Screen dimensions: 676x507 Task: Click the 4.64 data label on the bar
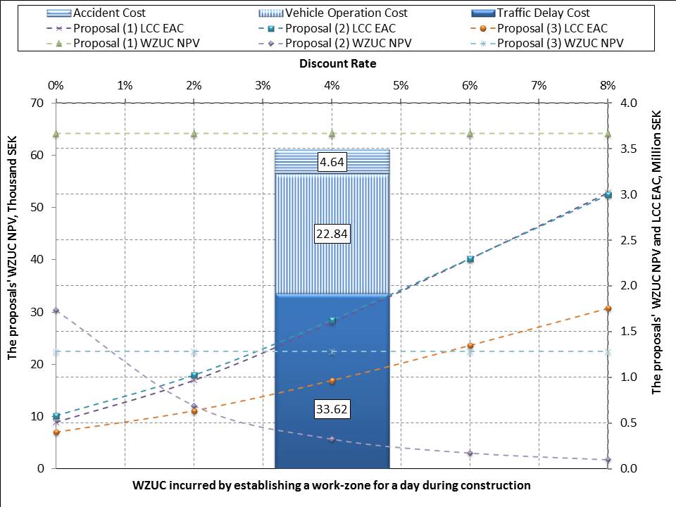[332, 162]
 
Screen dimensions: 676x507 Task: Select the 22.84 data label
[332, 234]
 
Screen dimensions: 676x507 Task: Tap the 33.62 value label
[332, 408]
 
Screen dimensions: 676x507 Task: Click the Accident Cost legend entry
[96, 13]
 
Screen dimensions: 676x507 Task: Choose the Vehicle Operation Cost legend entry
[333, 13]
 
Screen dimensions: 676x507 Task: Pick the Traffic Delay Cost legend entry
[531, 13]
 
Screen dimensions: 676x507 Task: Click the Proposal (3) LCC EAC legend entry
[539, 28]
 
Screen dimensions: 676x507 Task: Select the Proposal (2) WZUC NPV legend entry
[335, 43]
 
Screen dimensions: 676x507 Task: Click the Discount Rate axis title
[337, 64]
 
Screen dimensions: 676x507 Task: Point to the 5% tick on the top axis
[401, 85]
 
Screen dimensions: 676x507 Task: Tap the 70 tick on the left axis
[37, 103]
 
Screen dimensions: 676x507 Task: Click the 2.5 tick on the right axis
[628, 239]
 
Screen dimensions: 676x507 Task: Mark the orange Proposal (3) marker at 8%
[608, 308]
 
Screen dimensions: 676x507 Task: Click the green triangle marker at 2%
[194, 134]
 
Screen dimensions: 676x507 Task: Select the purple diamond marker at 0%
[56, 311]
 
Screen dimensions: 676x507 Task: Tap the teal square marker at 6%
[470, 259]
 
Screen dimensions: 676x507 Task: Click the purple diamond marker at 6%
[470, 453]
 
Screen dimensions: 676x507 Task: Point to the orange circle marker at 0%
[56, 432]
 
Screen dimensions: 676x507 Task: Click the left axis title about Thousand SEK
[12, 248]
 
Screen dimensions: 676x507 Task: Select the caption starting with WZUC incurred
[332, 485]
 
